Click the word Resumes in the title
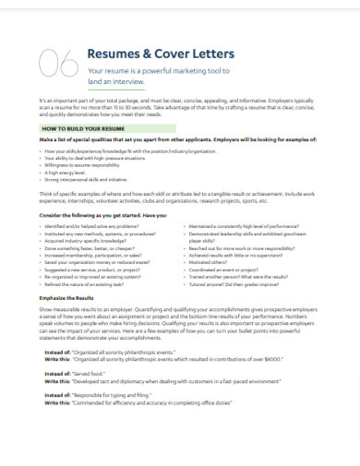113,54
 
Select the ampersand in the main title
146,54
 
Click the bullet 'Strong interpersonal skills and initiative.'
97,178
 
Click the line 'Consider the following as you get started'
102,213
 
